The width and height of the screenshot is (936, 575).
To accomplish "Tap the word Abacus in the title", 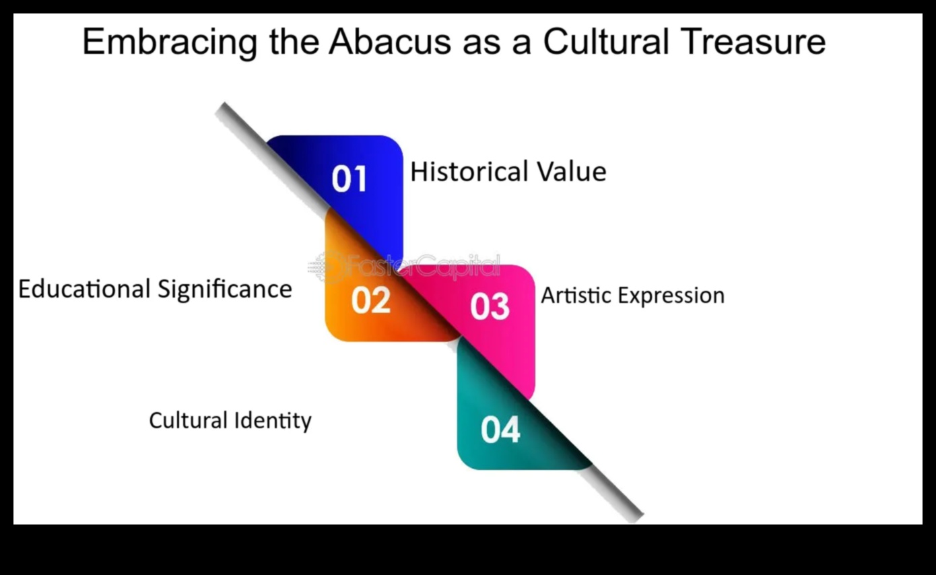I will pyautogui.click(x=390, y=42).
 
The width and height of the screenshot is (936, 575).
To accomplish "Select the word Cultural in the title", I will pyautogui.click(x=606, y=42).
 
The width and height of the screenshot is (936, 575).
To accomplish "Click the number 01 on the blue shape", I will pyautogui.click(x=349, y=179).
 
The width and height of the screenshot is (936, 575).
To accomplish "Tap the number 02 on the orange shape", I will pyautogui.click(x=370, y=300).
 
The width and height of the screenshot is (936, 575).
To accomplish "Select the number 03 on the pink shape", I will pyautogui.click(x=490, y=306).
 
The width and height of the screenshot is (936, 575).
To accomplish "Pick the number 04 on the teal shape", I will pyautogui.click(x=500, y=430).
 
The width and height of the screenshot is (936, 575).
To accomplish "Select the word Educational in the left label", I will pyautogui.click(x=84, y=289).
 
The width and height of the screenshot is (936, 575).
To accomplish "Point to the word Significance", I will pyautogui.click(x=225, y=290).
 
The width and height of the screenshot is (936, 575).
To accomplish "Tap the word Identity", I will pyautogui.click(x=273, y=421).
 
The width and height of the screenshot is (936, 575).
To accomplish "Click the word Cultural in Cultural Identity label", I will pyautogui.click(x=188, y=420).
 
